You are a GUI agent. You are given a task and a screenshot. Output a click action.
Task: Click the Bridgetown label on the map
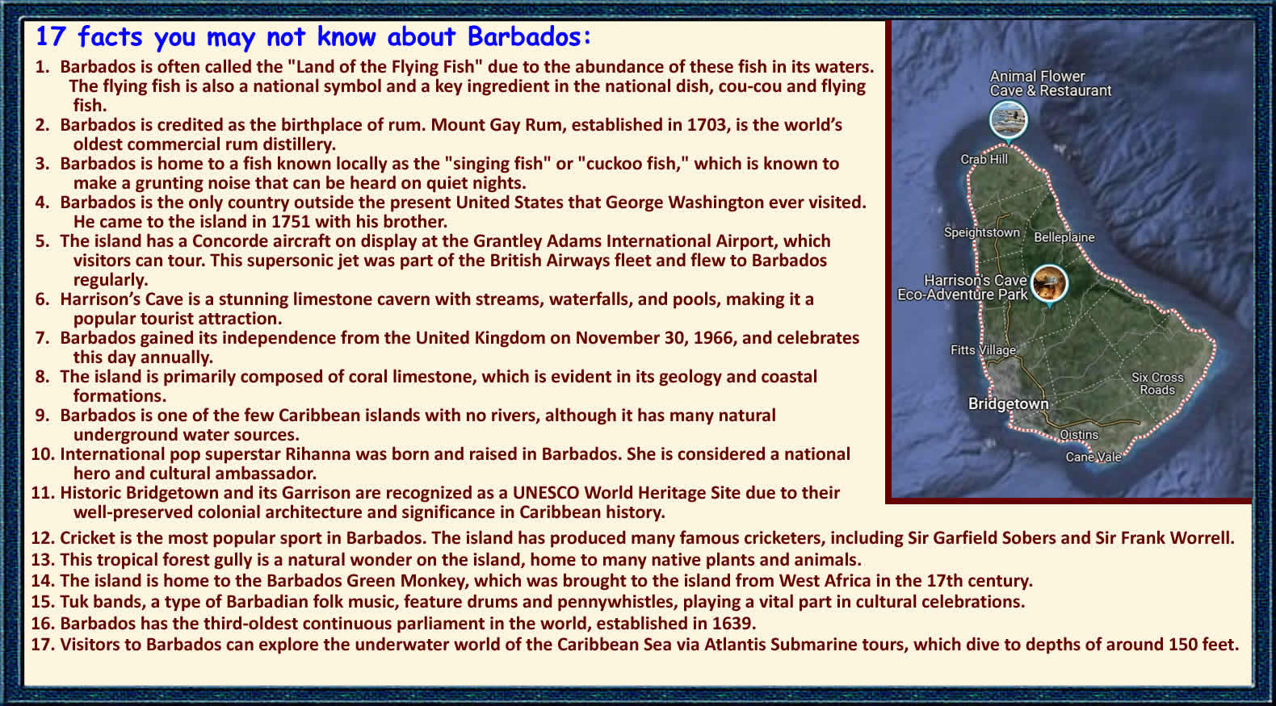(1008, 403)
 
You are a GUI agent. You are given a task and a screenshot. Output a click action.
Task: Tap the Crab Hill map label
(984, 159)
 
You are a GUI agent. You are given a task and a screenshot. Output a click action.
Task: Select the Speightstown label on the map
(981, 232)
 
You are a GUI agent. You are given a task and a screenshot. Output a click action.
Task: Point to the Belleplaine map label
(1064, 236)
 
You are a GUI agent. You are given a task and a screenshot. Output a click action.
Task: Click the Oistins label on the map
(1078, 434)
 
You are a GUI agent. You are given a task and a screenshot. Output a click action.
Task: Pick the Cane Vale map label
(1093, 456)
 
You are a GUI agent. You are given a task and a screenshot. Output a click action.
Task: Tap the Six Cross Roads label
(1157, 383)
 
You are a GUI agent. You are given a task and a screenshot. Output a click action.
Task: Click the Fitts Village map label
(983, 350)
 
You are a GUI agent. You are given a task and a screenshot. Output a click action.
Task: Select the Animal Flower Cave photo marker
(1008, 120)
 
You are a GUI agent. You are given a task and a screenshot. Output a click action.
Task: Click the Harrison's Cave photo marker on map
(1049, 283)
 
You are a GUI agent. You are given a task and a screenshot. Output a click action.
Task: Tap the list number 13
(42, 560)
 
